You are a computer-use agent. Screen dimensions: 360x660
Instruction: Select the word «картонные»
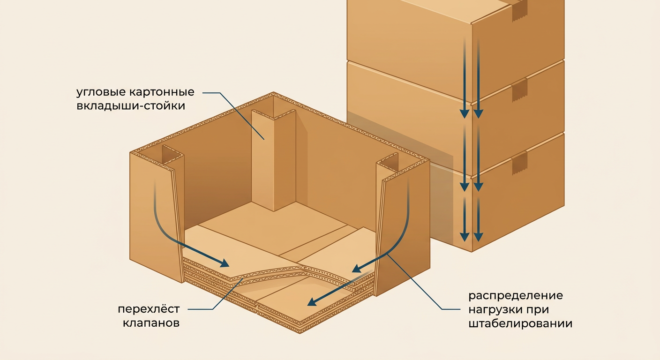coord(162,92)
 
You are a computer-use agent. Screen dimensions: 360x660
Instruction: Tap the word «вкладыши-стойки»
coord(131,106)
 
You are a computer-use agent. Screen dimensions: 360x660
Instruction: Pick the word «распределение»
coord(516,296)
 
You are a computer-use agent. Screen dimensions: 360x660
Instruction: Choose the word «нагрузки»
coord(498,310)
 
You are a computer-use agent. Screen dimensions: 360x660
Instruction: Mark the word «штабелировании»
coord(520,324)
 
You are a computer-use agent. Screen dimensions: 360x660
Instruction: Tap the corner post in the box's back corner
coord(273,159)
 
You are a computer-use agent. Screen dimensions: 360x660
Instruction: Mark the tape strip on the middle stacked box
coord(519,91)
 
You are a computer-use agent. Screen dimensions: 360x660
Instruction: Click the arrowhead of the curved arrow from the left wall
coord(224,263)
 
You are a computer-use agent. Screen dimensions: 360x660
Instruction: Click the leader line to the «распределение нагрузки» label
coord(412,281)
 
